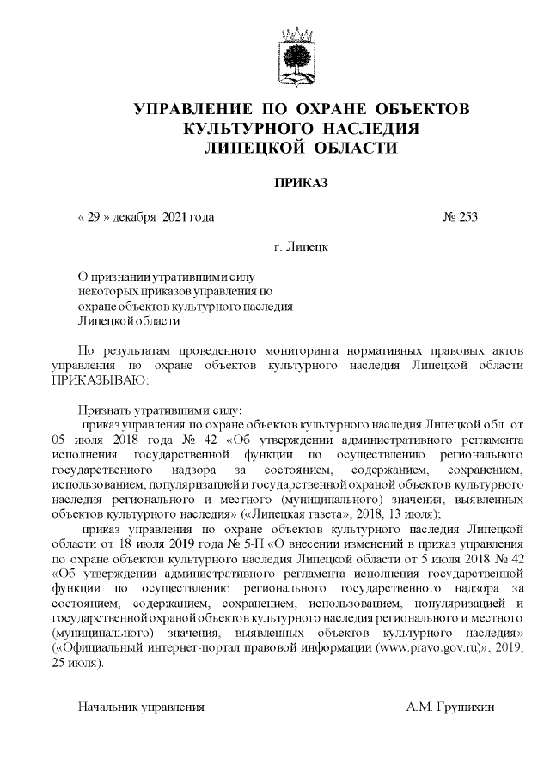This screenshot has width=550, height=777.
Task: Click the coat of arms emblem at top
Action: coord(300,58)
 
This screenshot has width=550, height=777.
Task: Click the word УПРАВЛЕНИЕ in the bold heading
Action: coord(189,110)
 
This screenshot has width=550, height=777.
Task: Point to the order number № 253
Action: coord(460,216)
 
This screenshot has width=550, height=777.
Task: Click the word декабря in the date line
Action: coord(131,216)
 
